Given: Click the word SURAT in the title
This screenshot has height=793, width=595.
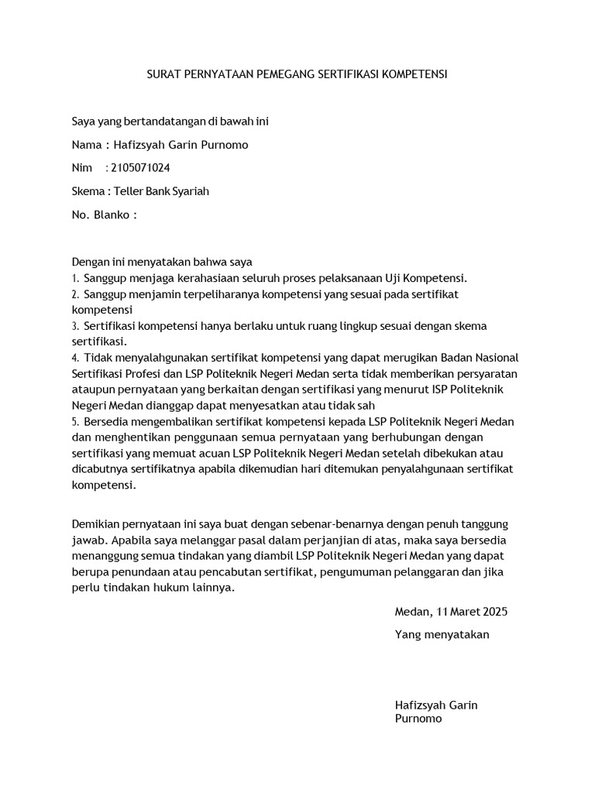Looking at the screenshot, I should coord(163,74).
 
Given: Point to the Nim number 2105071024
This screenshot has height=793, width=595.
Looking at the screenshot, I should coord(142,168).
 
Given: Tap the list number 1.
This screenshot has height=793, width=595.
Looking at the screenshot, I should coord(75,279).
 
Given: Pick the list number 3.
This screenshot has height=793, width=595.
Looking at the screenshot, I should coord(75,326).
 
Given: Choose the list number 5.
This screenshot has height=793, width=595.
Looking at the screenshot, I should coord(75,422).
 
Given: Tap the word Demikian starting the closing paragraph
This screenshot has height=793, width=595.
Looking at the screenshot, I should coord(96,524).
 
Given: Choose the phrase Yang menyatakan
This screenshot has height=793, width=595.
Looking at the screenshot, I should coord(442,634).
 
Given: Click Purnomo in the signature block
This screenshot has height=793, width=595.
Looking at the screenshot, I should coord(418,719).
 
